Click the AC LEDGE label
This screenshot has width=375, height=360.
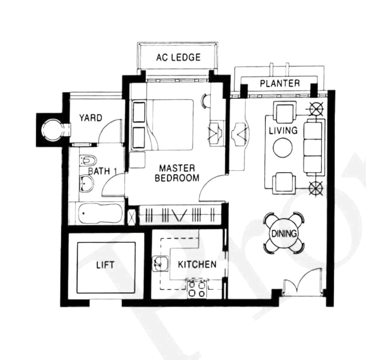pos(178,57)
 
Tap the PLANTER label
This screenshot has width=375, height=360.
pos(280,83)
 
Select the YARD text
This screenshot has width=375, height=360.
pos(91,118)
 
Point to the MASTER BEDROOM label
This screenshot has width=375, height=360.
pos(177,173)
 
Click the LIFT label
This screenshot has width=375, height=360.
pos(105,265)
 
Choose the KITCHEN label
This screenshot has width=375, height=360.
pos(197,265)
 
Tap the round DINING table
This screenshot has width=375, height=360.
pos(284,233)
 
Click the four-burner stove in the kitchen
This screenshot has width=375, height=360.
pos(197,288)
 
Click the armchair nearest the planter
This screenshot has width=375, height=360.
pos(284,111)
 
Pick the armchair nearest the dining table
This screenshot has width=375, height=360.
pos(284,182)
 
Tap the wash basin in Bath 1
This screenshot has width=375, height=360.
pos(86,184)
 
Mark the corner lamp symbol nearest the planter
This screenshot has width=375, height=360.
pos(316,110)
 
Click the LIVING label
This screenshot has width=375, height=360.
pos(283,130)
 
